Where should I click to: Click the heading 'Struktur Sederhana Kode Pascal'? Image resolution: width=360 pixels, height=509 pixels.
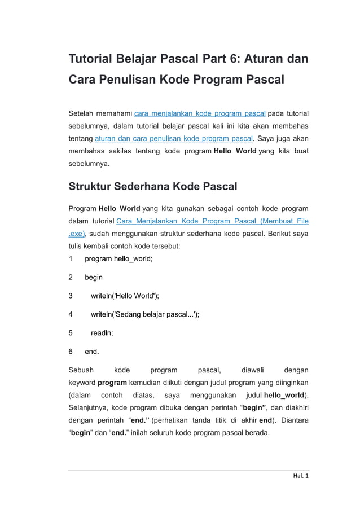coord(153,186)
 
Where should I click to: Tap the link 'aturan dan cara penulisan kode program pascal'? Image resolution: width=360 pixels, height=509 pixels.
coord(174,138)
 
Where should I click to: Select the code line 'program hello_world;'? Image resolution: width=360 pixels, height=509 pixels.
coord(118,258)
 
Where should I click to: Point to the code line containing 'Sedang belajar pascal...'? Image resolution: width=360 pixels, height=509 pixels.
coord(145,314)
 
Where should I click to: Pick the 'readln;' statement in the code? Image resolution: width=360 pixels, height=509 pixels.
coord(102,332)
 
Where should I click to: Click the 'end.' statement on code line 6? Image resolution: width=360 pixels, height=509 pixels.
coord(92,351)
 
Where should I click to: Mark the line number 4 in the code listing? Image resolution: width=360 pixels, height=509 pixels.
coord(71,314)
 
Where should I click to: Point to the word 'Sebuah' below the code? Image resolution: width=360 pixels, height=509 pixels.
coord(81,370)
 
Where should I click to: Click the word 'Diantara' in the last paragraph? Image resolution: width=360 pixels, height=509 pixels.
coord(293,420)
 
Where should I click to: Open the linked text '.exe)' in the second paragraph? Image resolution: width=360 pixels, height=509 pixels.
coord(76,233)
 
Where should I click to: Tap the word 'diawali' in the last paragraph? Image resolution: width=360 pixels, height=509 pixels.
coord(252,370)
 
